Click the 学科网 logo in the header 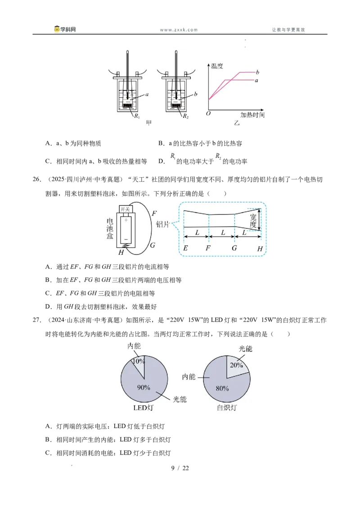[x=65, y=29]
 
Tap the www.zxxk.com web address [x=179, y=30]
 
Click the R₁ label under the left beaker [x=137, y=116]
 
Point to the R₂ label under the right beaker [x=185, y=116]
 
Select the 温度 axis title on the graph [x=217, y=66]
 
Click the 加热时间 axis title [x=252, y=115]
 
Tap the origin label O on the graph [x=208, y=113]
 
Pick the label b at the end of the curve [x=257, y=72]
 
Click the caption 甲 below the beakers [x=149, y=123]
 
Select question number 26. [x=37, y=179]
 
